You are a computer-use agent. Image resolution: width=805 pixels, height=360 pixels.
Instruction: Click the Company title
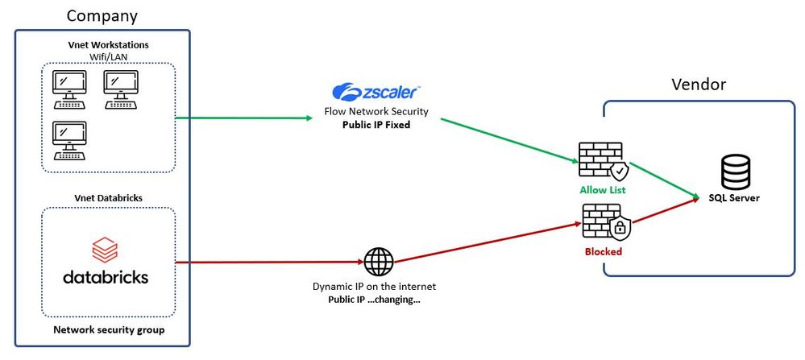(102, 15)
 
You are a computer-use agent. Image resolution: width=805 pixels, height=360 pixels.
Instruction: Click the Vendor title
(699, 84)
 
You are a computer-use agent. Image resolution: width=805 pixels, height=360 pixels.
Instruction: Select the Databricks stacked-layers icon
(105, 249)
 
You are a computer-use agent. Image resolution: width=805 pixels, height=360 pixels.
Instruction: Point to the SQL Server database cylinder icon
(733, 172)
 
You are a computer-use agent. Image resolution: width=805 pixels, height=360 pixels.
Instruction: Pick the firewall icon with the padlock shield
(605, 223)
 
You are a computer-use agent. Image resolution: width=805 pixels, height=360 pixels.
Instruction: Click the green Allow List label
(603, 190)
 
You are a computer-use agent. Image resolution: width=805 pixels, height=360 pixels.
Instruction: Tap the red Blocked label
(603, 251)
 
